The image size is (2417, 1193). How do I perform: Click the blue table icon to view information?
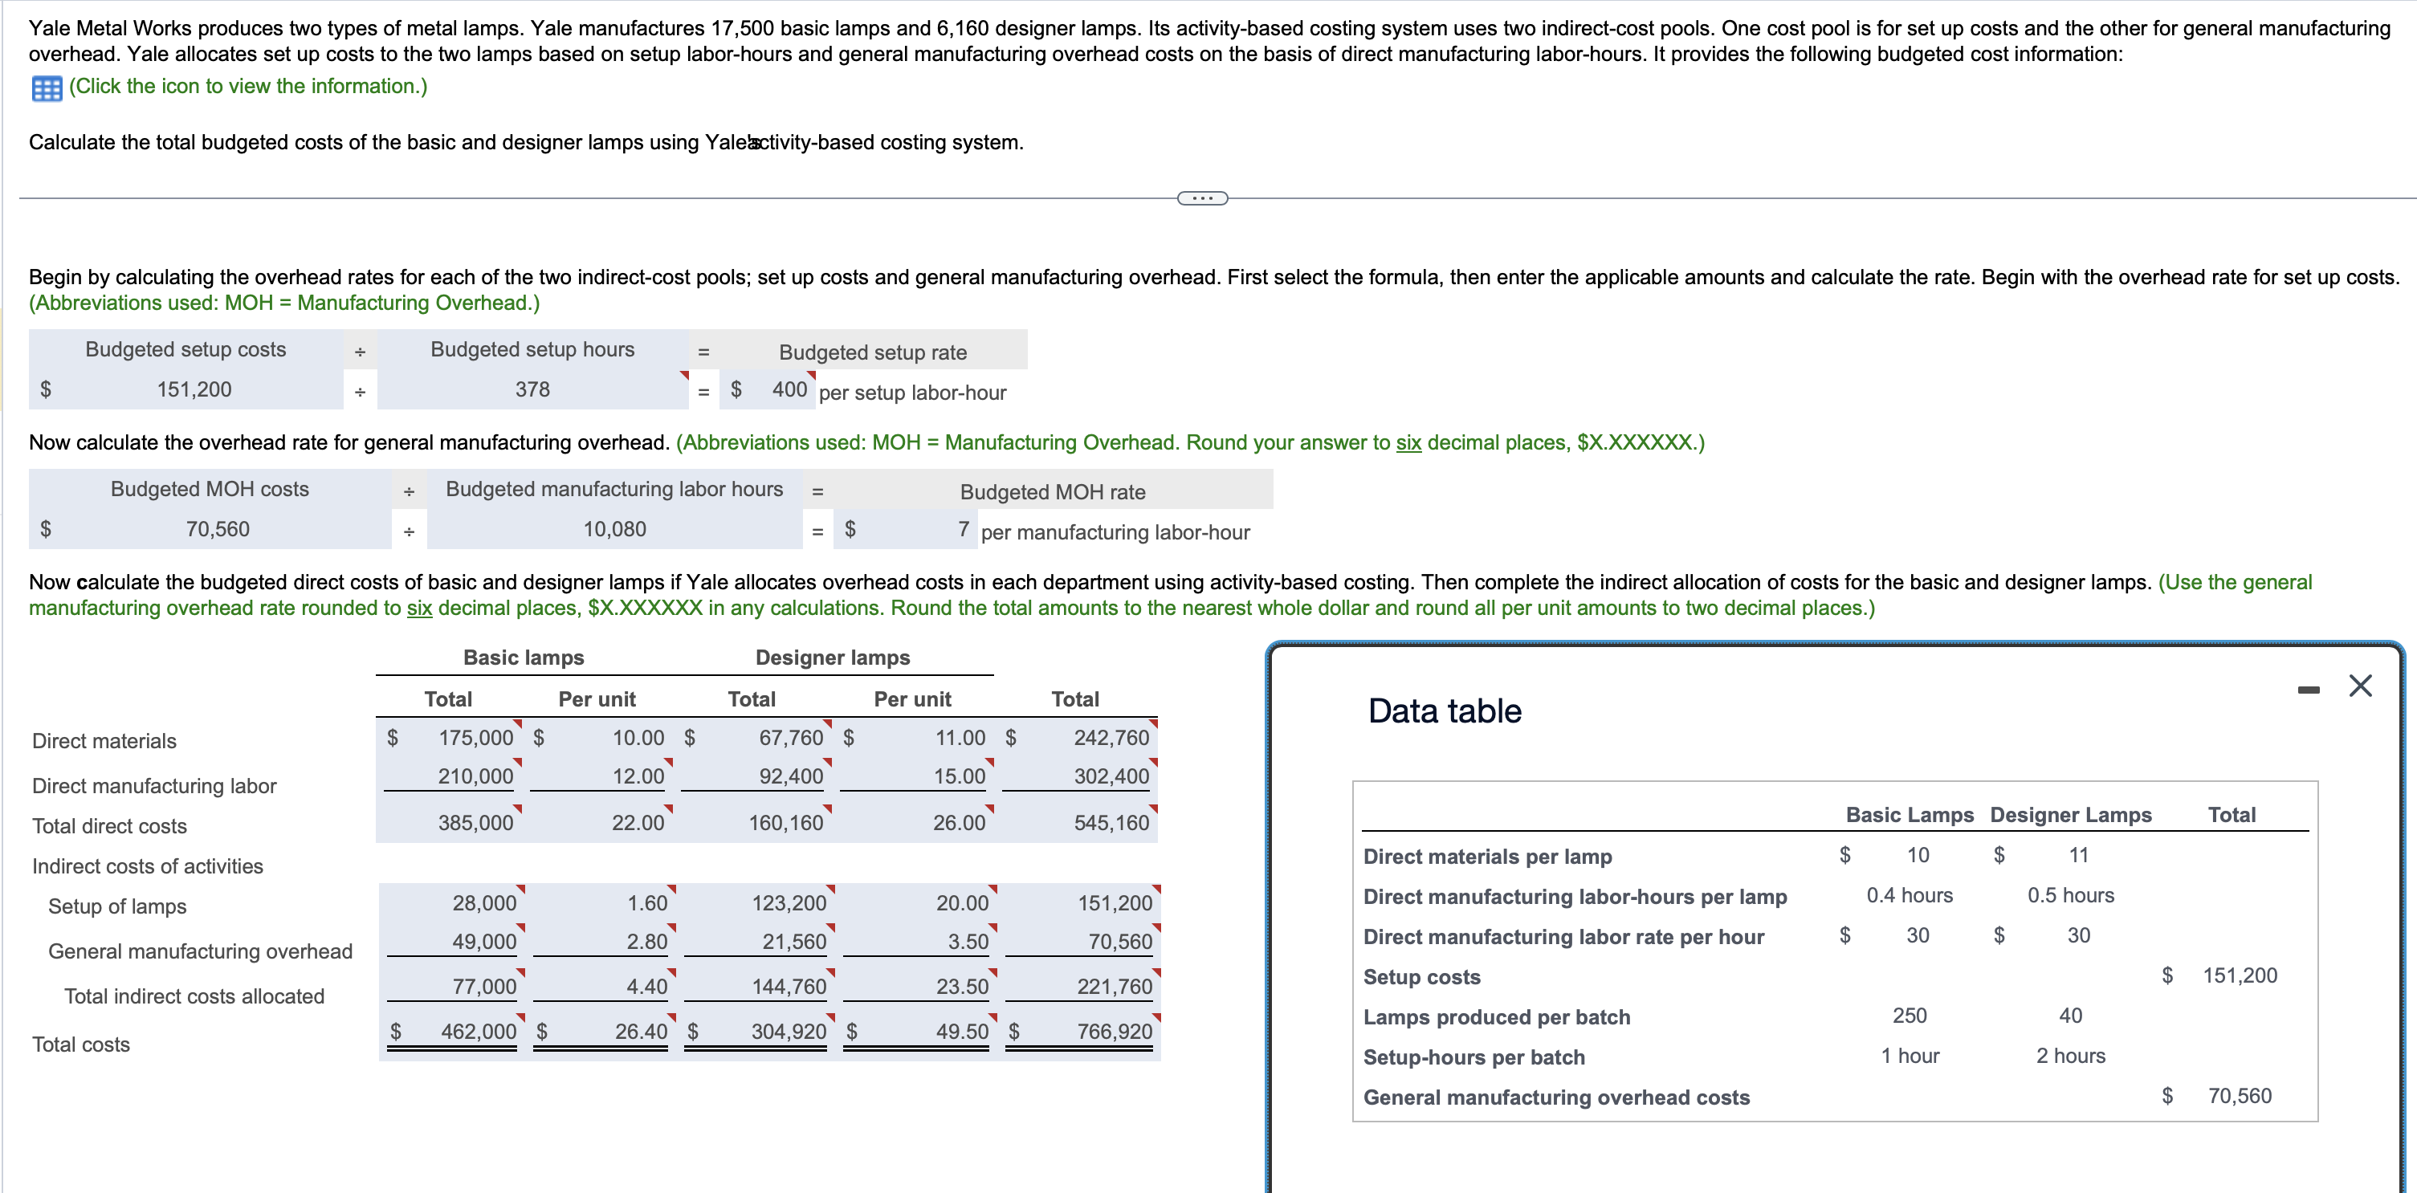click(46, 88)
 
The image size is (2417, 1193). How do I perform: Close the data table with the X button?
click(2360, 686)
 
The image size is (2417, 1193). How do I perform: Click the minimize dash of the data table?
click(2308, 690)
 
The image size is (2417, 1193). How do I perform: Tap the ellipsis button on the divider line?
click(1202, 197)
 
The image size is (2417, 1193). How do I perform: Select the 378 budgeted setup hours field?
click(532, 389)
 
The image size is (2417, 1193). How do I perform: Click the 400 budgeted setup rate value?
click(789, 389)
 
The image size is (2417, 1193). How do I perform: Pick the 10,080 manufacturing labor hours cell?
click(614, 529)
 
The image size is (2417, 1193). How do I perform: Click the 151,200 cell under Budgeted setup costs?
click(194, 389)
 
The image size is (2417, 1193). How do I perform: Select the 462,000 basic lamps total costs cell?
click(478, 1031)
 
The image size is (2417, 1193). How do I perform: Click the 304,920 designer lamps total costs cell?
click(789, 1031)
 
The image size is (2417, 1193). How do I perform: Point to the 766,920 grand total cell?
click(1114, 1031)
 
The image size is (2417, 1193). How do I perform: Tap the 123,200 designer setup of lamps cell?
click(789, 902)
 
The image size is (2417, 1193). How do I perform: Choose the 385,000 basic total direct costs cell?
click(475, 823)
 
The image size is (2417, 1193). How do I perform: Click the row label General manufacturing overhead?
click(200, 951)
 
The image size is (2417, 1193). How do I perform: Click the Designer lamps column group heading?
click(832, 658)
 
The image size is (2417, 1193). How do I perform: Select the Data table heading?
click(1444, 711)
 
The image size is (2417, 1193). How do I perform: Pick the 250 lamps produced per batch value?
click(1909, 1016)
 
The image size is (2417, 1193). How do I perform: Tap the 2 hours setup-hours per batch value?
click(2070, 1056)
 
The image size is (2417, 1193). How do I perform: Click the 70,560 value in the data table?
click(2239, 1096)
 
